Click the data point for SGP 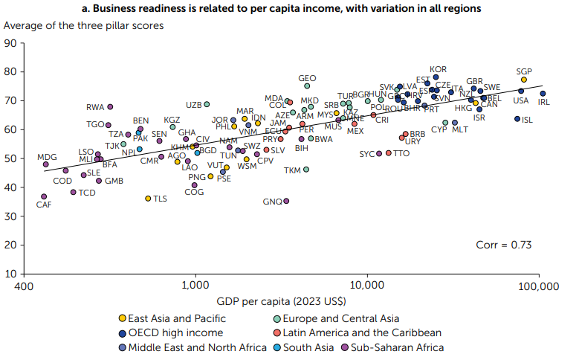[524, 80]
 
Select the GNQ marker [287, 201]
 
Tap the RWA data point [110, 107]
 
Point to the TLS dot [148, 199]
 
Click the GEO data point [307, 86]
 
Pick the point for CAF [44, 197]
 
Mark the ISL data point [517, 119]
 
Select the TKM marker [306, 170]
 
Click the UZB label [193, 105]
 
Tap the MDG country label [48, 158]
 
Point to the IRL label [543, 101]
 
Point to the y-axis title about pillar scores [84, 25]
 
